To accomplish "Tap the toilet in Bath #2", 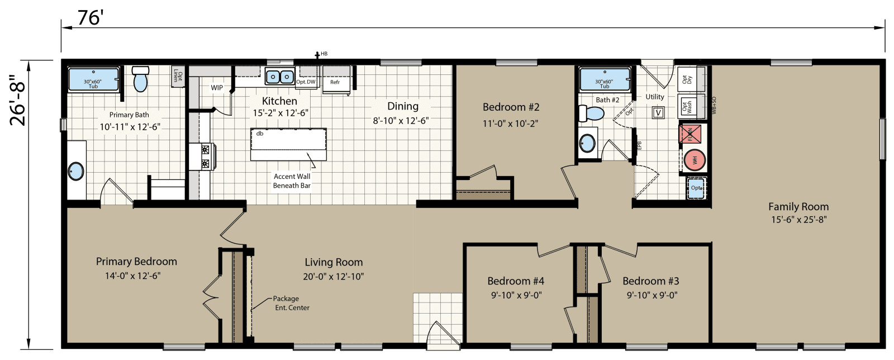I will [x=591, y=113].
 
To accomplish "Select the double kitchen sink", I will [x=279, y=76].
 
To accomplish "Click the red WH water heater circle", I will [x=695, y=160].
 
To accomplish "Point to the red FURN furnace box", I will [x=689, y=135].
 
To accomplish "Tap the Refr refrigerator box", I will [x=335, y=82].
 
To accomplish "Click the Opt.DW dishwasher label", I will [x=306, y=82].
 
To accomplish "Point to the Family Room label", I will [x=798, y=206].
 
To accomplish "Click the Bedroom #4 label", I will [x=515, y=281].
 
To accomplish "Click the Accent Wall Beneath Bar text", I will [x=292, y=181].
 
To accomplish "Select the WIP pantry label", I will [x=217, y=88].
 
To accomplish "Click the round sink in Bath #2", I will [x=587, y=143].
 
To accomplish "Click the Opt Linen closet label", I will [x=177, y=75].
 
